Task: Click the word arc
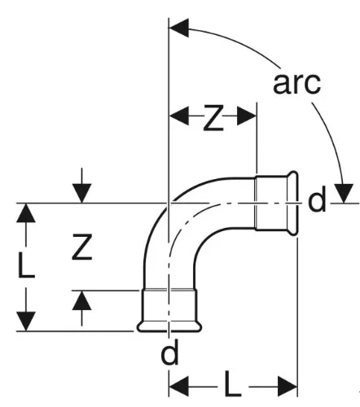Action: [x=296, y=83]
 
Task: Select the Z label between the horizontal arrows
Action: [x=213, y=117]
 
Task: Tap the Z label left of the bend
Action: [x=82, y=247]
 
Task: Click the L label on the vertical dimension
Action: [x=27, y=265]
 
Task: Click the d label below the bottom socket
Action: [x=170, y=352]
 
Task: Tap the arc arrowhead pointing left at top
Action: [x=178, y=28]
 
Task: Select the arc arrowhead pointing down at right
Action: [x=344, y=193]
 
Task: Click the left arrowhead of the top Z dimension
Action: [x=179, y=116]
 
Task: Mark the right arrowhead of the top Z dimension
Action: [x=247, y=116]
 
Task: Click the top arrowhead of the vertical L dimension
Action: [x=26, y=213]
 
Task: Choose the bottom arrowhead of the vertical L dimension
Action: [x=26, y=322]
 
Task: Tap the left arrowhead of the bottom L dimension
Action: [x=179, y=386]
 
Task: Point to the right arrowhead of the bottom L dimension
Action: [x=288, y=386]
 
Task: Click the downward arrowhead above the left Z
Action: [x=81, y=193]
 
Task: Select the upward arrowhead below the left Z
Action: [x=81, y=300]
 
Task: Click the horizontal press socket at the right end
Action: [x=276, y=203]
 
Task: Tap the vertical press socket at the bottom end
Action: [x=169, y=310]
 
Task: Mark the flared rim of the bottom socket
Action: [x=169, y=326]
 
